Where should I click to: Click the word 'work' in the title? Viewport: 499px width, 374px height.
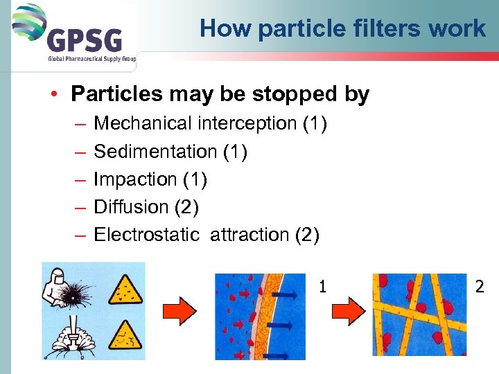click(x=463, y=29)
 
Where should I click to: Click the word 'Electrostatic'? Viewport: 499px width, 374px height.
click(x=146, y=235)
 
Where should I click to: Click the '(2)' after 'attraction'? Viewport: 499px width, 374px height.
click(x=307, y=235)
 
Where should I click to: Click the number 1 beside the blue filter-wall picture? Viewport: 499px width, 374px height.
click(x=322, y=285)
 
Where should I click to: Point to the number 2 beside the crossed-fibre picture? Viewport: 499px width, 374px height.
click(x=479, y=285)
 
